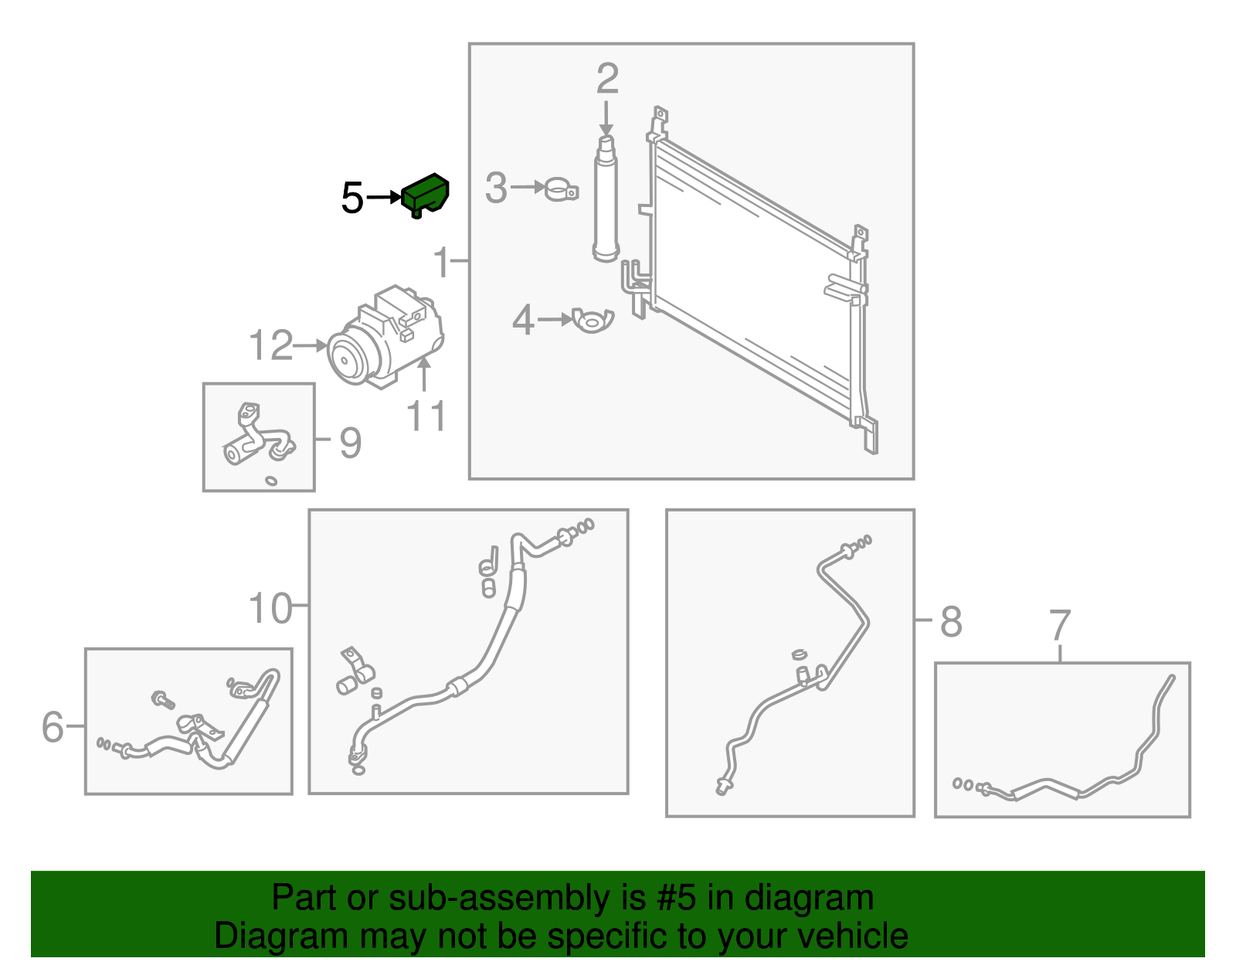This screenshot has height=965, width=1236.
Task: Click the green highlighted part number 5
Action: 426,194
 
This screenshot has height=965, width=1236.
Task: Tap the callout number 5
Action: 352,199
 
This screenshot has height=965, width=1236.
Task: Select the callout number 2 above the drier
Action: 607,80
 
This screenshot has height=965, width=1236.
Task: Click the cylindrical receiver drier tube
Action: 606,201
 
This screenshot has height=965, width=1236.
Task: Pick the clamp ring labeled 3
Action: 560,189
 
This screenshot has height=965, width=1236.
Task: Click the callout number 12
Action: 271,345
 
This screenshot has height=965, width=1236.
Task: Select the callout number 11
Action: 426,417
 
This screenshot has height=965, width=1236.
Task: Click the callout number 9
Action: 350,443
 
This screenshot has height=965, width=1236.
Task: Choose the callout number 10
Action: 270,609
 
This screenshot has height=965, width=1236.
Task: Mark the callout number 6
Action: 53,727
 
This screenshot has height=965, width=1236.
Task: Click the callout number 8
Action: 951,621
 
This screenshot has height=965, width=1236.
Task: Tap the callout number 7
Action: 1060,626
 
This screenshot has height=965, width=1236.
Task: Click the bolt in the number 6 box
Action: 163,700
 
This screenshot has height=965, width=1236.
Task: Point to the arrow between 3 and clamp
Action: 528,187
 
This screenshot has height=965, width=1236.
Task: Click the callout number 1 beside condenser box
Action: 442,262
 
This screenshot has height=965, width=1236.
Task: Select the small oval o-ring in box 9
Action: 271,481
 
